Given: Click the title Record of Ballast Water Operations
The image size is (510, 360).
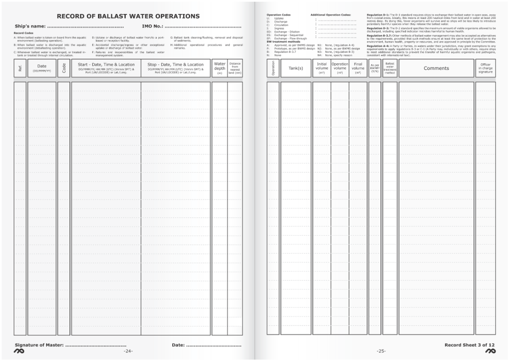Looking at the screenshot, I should click(128, 16).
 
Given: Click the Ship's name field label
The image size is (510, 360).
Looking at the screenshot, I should click(30, 26).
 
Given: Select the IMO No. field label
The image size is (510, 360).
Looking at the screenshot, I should click(153, 26).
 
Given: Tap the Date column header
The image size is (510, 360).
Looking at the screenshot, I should click(42, 67).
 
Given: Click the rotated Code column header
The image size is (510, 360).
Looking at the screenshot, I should click(64, 68).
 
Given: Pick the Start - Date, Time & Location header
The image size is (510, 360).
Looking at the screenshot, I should click(106, 65).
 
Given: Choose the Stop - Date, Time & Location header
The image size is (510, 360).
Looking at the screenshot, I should click(176, 65).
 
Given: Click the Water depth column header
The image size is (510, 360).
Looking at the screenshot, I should click(220, 67).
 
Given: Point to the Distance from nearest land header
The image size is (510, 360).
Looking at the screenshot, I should click(235, 67).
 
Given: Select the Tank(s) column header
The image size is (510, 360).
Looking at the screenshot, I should click(296, 68).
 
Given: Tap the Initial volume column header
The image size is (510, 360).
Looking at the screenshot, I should click(322, 67).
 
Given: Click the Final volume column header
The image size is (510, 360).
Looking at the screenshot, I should click(358, 67).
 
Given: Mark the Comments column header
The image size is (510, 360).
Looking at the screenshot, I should click(436, 68).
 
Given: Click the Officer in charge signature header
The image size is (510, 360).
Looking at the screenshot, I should click(485, 67).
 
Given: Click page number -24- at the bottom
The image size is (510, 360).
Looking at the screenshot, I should click(128, 351).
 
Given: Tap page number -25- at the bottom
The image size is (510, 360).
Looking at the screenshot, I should click(381, 351).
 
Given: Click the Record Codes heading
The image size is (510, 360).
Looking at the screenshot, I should click(23, 33).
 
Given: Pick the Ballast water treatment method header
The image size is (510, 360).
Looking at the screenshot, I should click(389, 67).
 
